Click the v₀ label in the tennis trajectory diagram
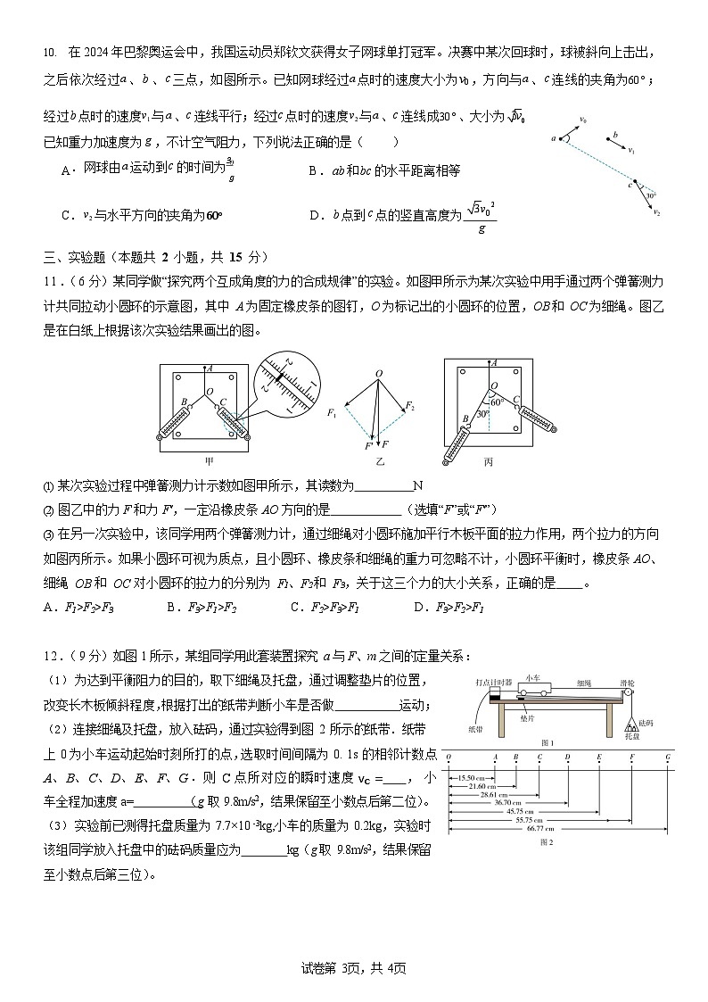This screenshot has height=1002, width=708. coord(583,119)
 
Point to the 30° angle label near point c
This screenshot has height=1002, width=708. coord(651,195)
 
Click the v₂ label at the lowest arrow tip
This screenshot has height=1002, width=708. coord(657,213)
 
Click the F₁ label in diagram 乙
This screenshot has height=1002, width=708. coord(332,412)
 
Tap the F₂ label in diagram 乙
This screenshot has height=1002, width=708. coord(409,407)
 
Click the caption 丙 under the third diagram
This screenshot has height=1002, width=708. coord(488,461)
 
